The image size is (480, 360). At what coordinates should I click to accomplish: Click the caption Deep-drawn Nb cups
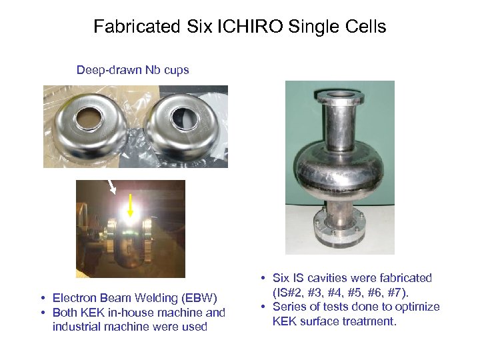[133, 70]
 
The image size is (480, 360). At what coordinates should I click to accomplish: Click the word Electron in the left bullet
[74, 298]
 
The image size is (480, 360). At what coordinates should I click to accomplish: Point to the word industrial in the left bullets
[77, 327]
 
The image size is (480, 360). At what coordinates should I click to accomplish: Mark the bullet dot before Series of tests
[265, 307]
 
